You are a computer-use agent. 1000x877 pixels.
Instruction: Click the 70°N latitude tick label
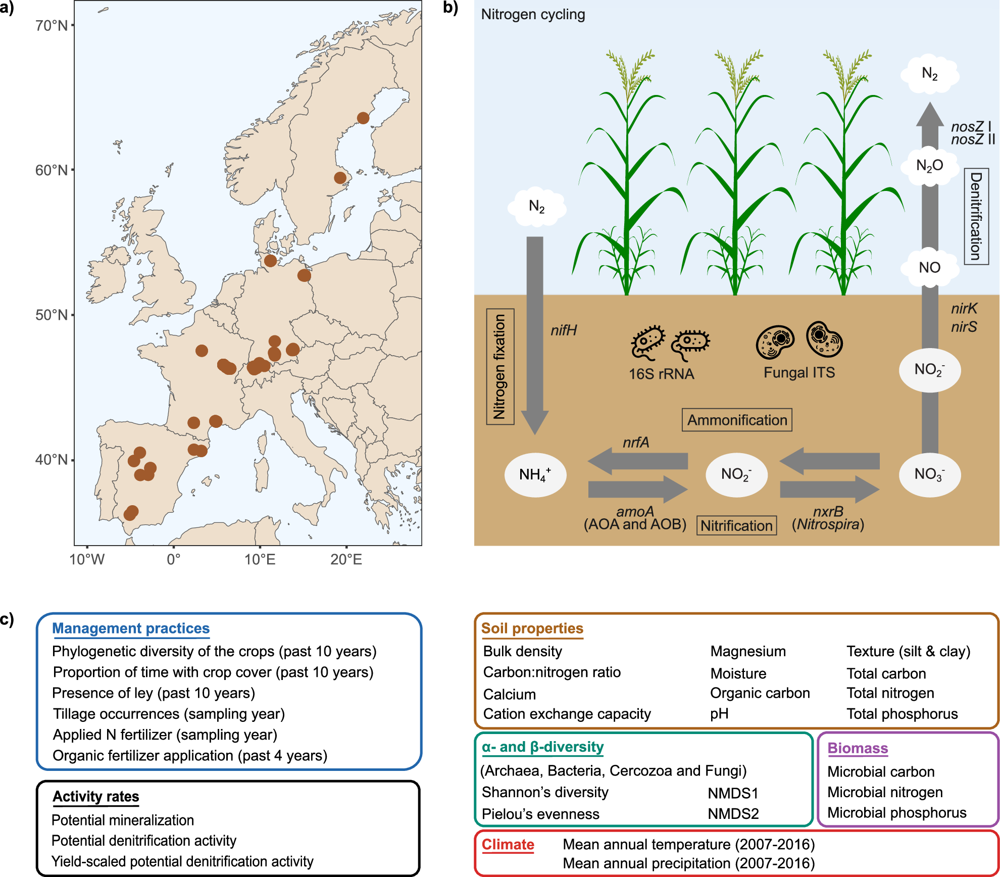[x=52, y=25]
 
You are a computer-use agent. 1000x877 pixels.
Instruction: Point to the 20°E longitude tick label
[x=346, y=560]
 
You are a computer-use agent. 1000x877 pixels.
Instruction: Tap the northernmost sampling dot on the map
[x=363, y=118]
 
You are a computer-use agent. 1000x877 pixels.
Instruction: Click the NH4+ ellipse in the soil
[x=535, y=475]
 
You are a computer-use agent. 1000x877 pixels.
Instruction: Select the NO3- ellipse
[x=929, y=474]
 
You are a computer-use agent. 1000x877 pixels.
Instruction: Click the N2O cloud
[x=929, y=166]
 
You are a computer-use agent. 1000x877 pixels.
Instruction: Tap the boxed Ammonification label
[x=737, y=420]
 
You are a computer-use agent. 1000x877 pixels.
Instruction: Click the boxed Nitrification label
[x=736, y=526]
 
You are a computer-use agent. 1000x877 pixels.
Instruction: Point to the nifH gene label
[x=564, y=330]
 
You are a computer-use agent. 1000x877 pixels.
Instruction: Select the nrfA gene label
[x=636, y=443]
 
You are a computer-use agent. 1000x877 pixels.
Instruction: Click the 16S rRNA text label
[x=661, y=374]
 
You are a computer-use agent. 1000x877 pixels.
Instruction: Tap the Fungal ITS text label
[x=799, y=373]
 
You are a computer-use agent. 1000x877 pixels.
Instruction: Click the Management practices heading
[x=131, y=628]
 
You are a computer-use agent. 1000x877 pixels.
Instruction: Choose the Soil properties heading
[x=532, y=628]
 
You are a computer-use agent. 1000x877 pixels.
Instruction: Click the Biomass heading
[x=858, y=748]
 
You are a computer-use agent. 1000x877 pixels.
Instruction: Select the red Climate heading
[x=508, y=845]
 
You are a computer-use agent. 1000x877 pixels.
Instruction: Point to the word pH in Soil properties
[x=719, y=714]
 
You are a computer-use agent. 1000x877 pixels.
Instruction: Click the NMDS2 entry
[x=733, y=814]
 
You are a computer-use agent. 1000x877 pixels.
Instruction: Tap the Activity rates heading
[x=96, y=797]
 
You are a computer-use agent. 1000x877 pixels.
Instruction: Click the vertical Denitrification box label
[x=976, y=216]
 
